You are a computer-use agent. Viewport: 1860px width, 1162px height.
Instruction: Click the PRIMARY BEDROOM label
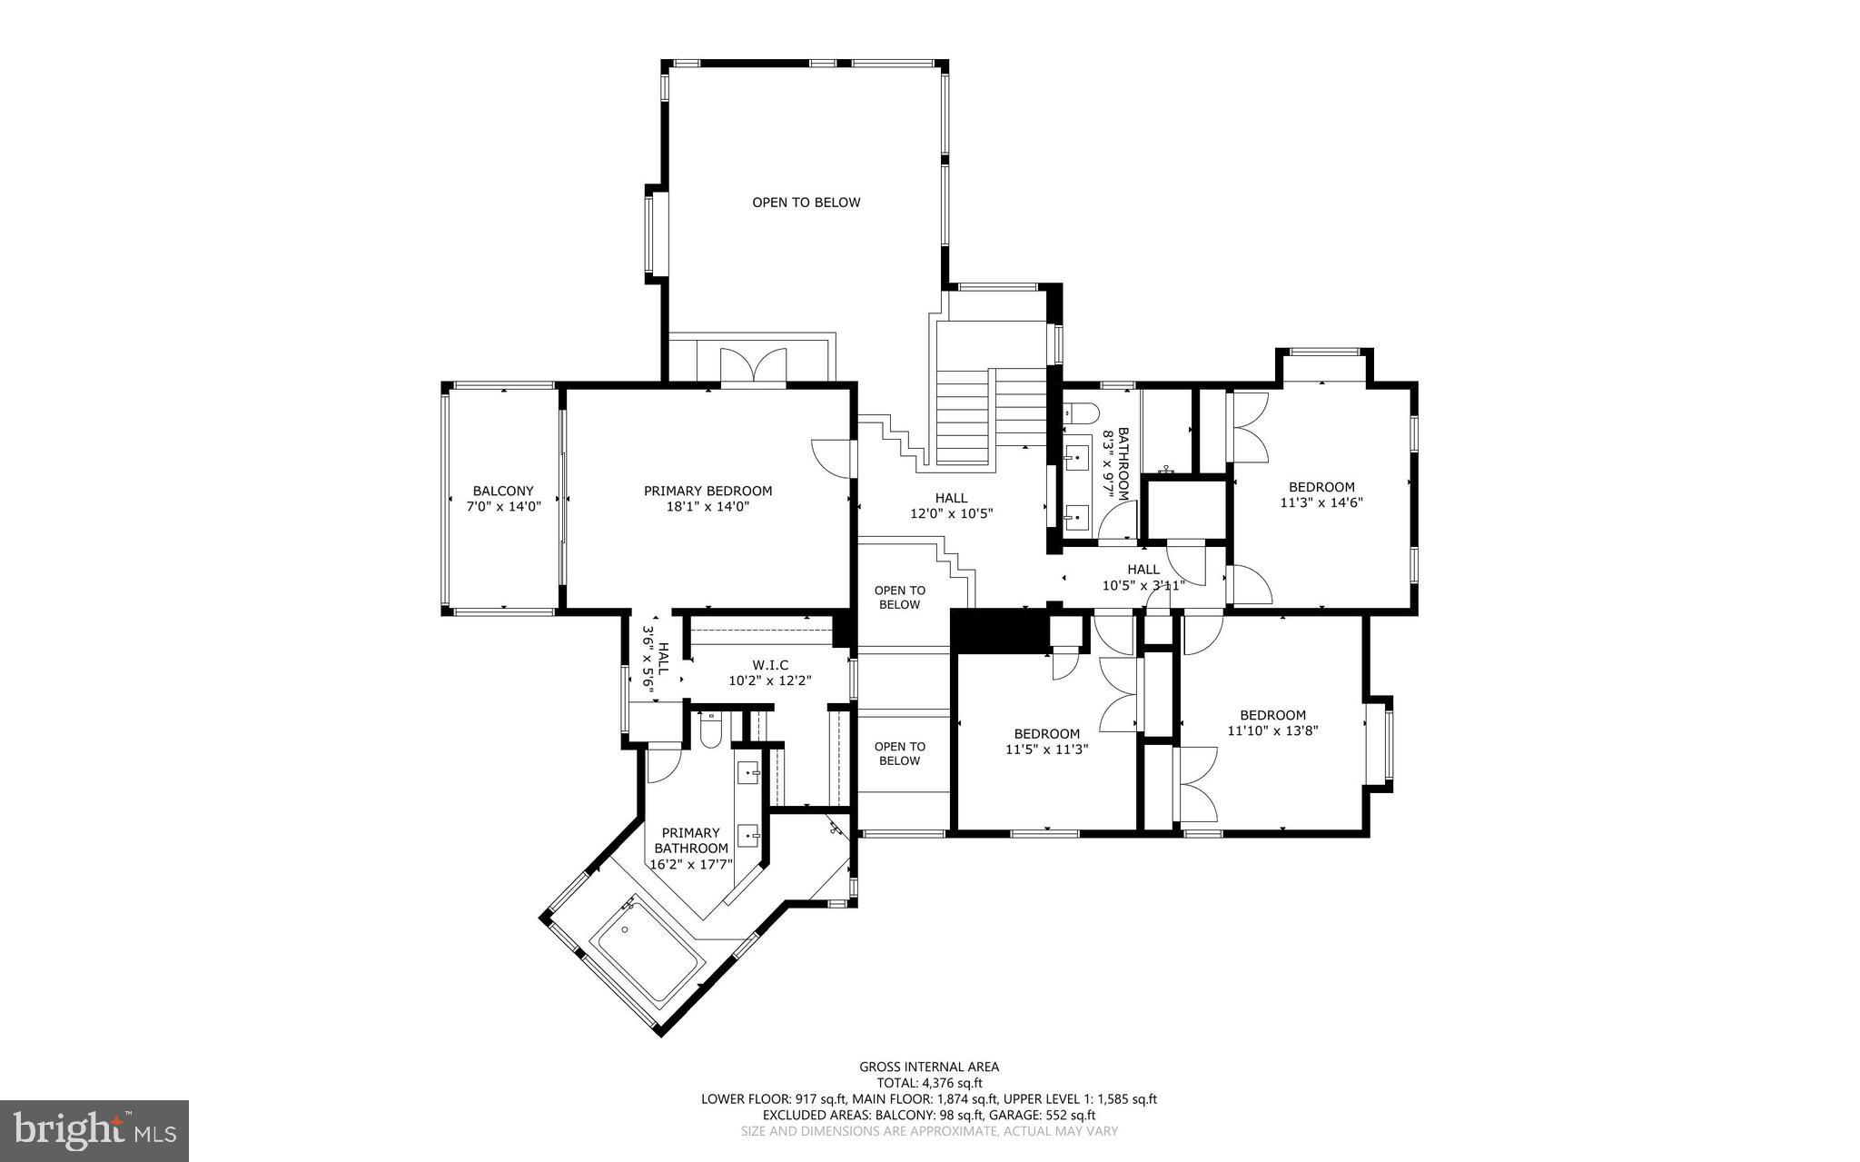point(707,491)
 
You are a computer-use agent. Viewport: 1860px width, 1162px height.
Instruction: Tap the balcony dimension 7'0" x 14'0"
point(503,507)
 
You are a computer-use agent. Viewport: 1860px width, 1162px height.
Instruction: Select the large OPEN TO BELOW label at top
point(806,203)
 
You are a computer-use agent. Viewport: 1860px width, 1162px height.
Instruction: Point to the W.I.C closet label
point(769,665)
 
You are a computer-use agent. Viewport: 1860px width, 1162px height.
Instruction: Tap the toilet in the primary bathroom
point(710,732)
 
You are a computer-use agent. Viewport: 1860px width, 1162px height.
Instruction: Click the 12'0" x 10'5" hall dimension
point(951,513)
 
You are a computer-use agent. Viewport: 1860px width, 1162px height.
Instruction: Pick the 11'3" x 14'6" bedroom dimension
point(1321,502)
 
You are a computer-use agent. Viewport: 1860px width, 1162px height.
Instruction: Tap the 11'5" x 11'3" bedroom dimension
point(1046,750)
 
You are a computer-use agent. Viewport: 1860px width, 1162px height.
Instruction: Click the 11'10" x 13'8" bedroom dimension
point(1272,730)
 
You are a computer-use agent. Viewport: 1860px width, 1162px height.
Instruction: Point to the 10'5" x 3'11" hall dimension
point(1143,585)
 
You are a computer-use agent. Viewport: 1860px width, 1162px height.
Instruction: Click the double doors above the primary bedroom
point(753,365)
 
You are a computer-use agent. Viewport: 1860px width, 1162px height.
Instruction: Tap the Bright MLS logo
point(94,1130)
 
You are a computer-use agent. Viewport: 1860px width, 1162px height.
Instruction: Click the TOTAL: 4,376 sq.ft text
point(929,1083)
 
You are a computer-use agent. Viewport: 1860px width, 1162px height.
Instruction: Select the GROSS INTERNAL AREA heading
point(929,1067)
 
